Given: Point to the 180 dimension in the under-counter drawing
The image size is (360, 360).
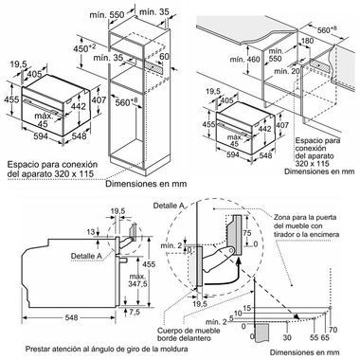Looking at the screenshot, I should [306, 42].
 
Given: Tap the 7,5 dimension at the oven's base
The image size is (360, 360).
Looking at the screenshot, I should [135, 313].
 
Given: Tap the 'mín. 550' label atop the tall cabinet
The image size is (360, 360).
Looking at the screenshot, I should [120, 16].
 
